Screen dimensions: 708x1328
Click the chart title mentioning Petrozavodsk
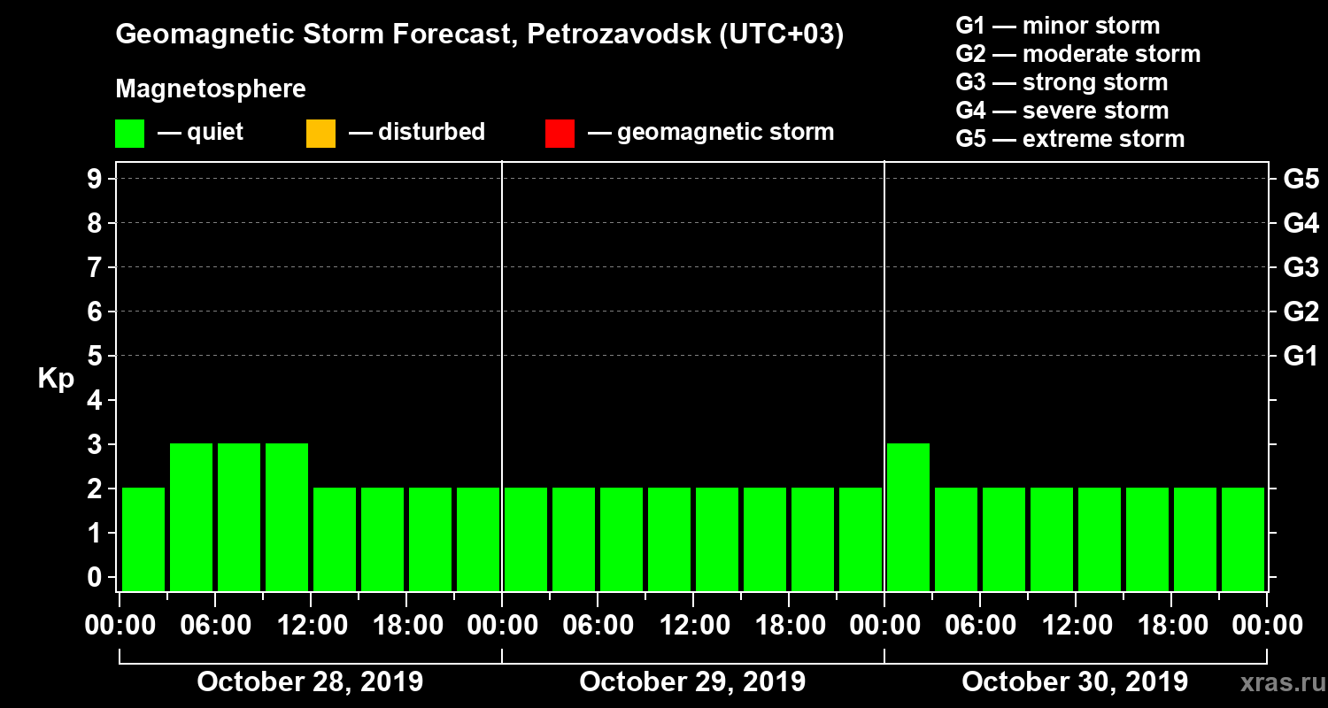(479, 35)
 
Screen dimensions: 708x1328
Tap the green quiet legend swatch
(129, 133)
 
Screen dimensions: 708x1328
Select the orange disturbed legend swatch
(320, 133)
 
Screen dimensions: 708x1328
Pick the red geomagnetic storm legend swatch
(560, 133)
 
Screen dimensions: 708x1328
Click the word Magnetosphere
(211, 89)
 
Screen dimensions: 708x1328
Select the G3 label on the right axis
(1301, 267)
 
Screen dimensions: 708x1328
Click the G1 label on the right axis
(1301, 357)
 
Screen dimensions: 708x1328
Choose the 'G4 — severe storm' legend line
(1062, 111)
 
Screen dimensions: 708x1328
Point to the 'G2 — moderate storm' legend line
(1077, 54)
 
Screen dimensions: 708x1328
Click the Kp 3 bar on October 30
(908, 517)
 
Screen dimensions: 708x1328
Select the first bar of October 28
(143, 539)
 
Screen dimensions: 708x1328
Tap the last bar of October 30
(1243, 539)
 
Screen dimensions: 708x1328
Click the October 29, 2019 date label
(692, 682)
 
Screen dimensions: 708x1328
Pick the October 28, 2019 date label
(310, 682)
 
